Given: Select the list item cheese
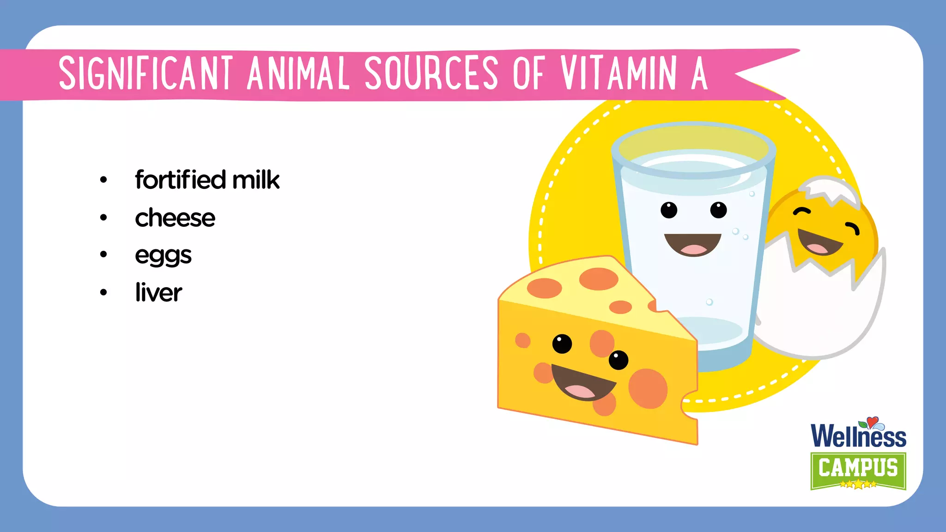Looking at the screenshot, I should click(x=175, y=218).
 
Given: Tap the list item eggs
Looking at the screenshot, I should click(x=163, y=255).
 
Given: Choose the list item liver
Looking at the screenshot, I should click(x=158, y=292).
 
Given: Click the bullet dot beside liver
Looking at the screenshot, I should click(x=103, y=292).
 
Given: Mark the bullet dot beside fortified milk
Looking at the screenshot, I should click(x=103, y=180).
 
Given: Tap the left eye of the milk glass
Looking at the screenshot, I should click(x=668, y=210).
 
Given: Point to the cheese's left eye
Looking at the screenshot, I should click(x=562, y=344).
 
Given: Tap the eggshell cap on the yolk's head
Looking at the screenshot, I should click(x=830, y=189).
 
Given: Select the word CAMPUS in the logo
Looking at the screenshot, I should click(x=858, y=467).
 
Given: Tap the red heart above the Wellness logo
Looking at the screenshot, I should click(x=872, y=421).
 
